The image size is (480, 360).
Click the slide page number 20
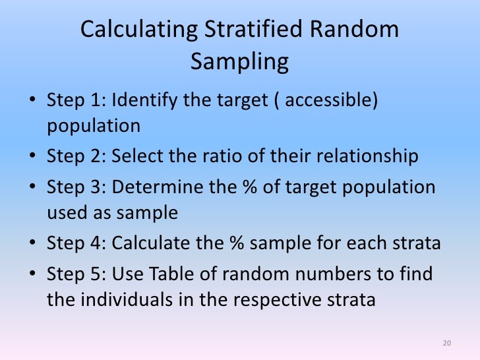(x=447, y=344)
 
